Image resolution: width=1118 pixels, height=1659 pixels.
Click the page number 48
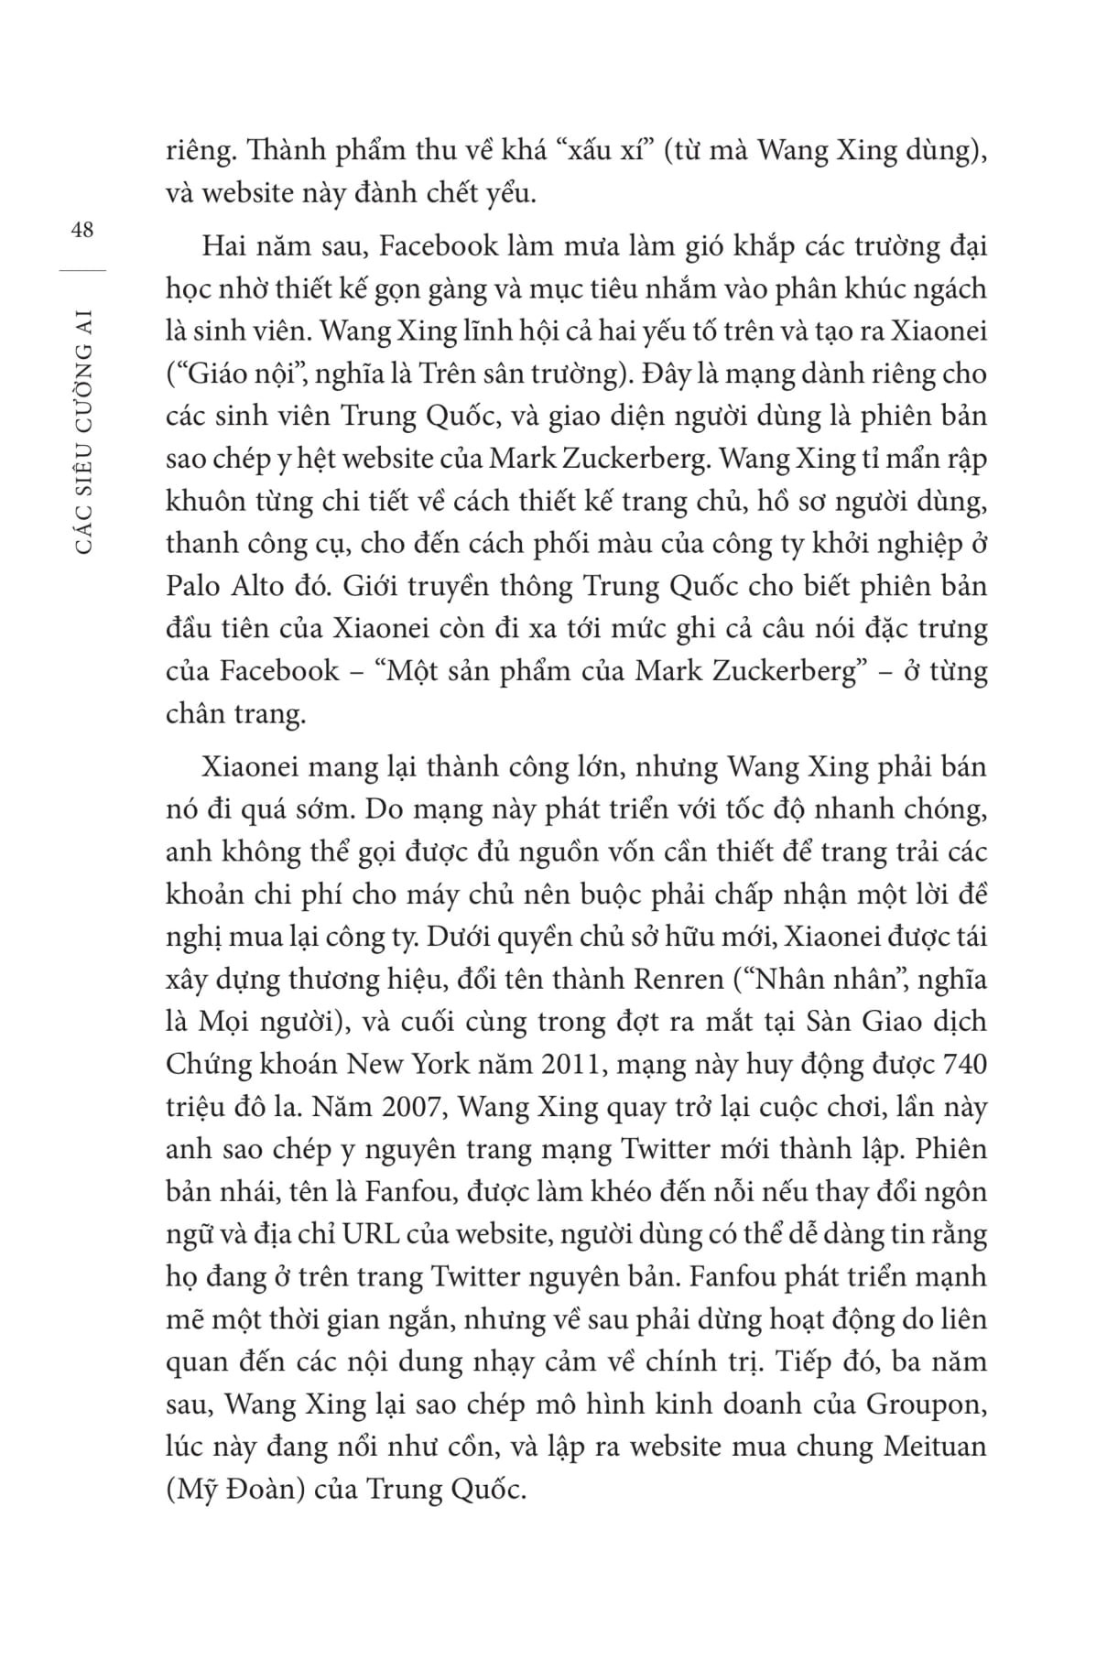click(81, 230)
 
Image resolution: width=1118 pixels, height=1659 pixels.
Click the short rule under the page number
click(81, 270)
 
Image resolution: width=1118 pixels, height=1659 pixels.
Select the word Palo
click(195, 586)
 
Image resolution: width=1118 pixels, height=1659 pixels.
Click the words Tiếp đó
click(820, 1362)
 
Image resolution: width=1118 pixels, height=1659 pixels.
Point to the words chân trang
click(234, 713)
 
